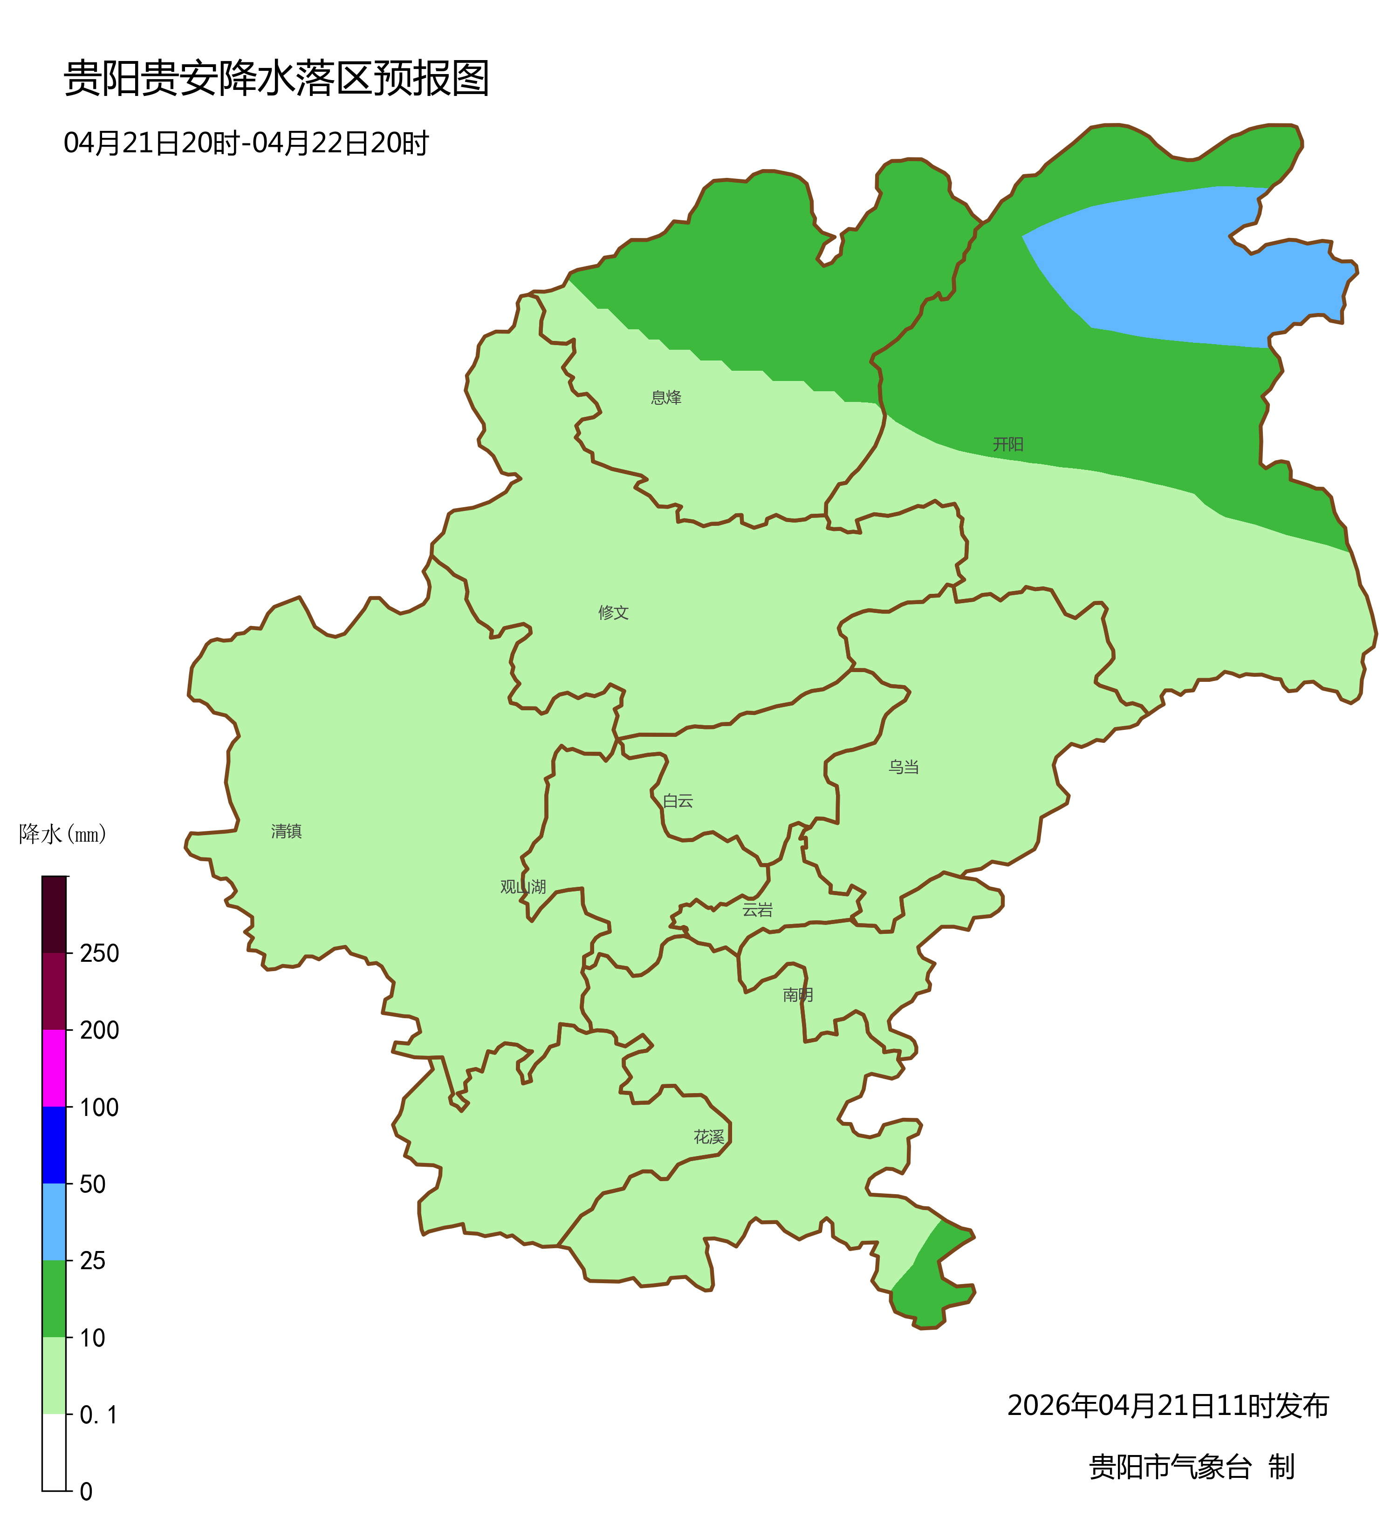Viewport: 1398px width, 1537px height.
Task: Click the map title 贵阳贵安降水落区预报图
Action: pos(276,79)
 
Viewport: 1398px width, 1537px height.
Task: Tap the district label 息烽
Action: pos(666,398)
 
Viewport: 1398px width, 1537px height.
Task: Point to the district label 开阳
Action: pos(1007,444)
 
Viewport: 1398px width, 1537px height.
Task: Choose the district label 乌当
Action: pos(903,768)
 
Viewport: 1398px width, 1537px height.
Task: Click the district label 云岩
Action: pos(757,910)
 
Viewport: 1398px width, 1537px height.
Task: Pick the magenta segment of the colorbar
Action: pos(54,1068)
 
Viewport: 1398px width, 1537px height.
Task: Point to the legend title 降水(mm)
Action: pos(62,835)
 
